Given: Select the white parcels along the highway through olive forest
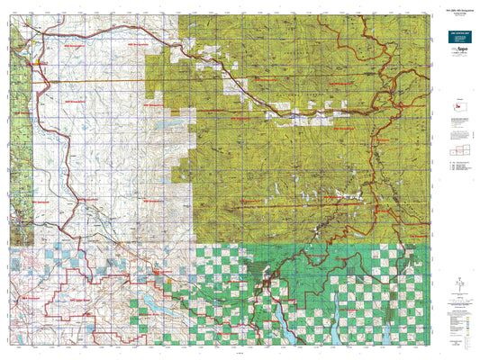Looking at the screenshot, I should coord(297,114).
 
